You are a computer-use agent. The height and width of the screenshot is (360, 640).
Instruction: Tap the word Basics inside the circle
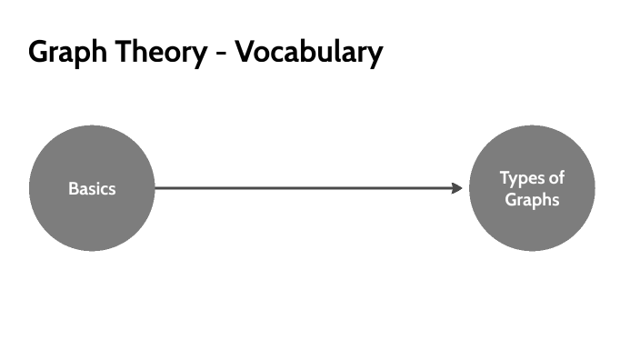pos(92,189)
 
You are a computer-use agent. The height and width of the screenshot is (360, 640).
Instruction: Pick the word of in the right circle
pos(555,178)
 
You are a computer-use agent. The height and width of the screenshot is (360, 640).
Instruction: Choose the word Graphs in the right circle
pos(533,199)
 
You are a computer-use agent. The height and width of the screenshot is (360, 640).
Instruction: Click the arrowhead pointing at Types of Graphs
pos(457,188)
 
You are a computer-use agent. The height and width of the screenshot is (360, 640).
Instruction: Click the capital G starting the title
pos(38,52)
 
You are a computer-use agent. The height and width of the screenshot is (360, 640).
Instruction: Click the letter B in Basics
pos(73,189)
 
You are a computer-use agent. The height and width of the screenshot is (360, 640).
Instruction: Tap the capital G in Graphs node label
pos(511,199)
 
